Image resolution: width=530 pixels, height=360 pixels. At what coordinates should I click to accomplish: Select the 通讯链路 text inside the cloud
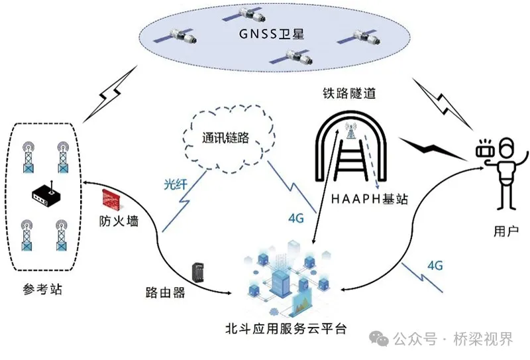(227, 138)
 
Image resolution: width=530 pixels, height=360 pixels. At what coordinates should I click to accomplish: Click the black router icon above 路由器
(197, 272)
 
